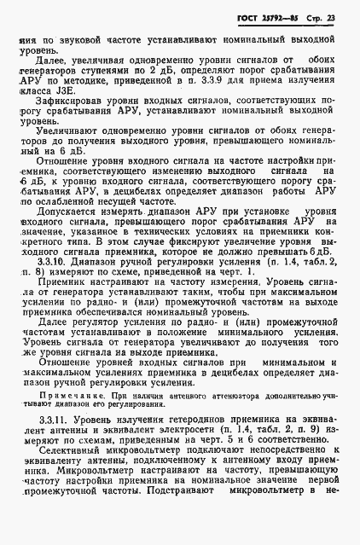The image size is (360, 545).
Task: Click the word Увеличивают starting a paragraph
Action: tap(68, 156)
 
